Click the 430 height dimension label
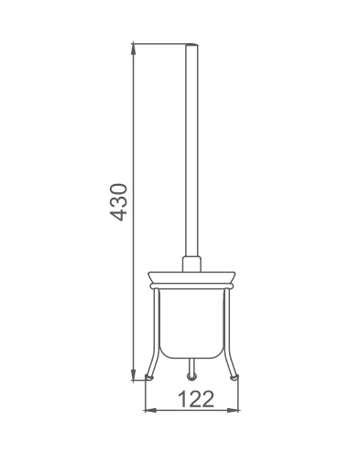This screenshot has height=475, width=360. (118, 201)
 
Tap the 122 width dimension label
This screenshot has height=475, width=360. (196, 399)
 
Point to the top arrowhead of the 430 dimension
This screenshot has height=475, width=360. (133, 49)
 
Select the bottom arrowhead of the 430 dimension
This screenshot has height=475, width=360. (133, 374)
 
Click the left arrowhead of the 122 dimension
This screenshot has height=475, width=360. (150, 410)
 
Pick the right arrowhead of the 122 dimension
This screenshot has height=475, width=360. (233, 410)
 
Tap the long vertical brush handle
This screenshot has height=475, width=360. (191, 150)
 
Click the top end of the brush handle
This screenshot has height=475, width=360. (191, 45)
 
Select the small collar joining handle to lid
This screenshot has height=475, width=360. (191, 264)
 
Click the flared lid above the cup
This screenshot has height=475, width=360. (191, 277)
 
